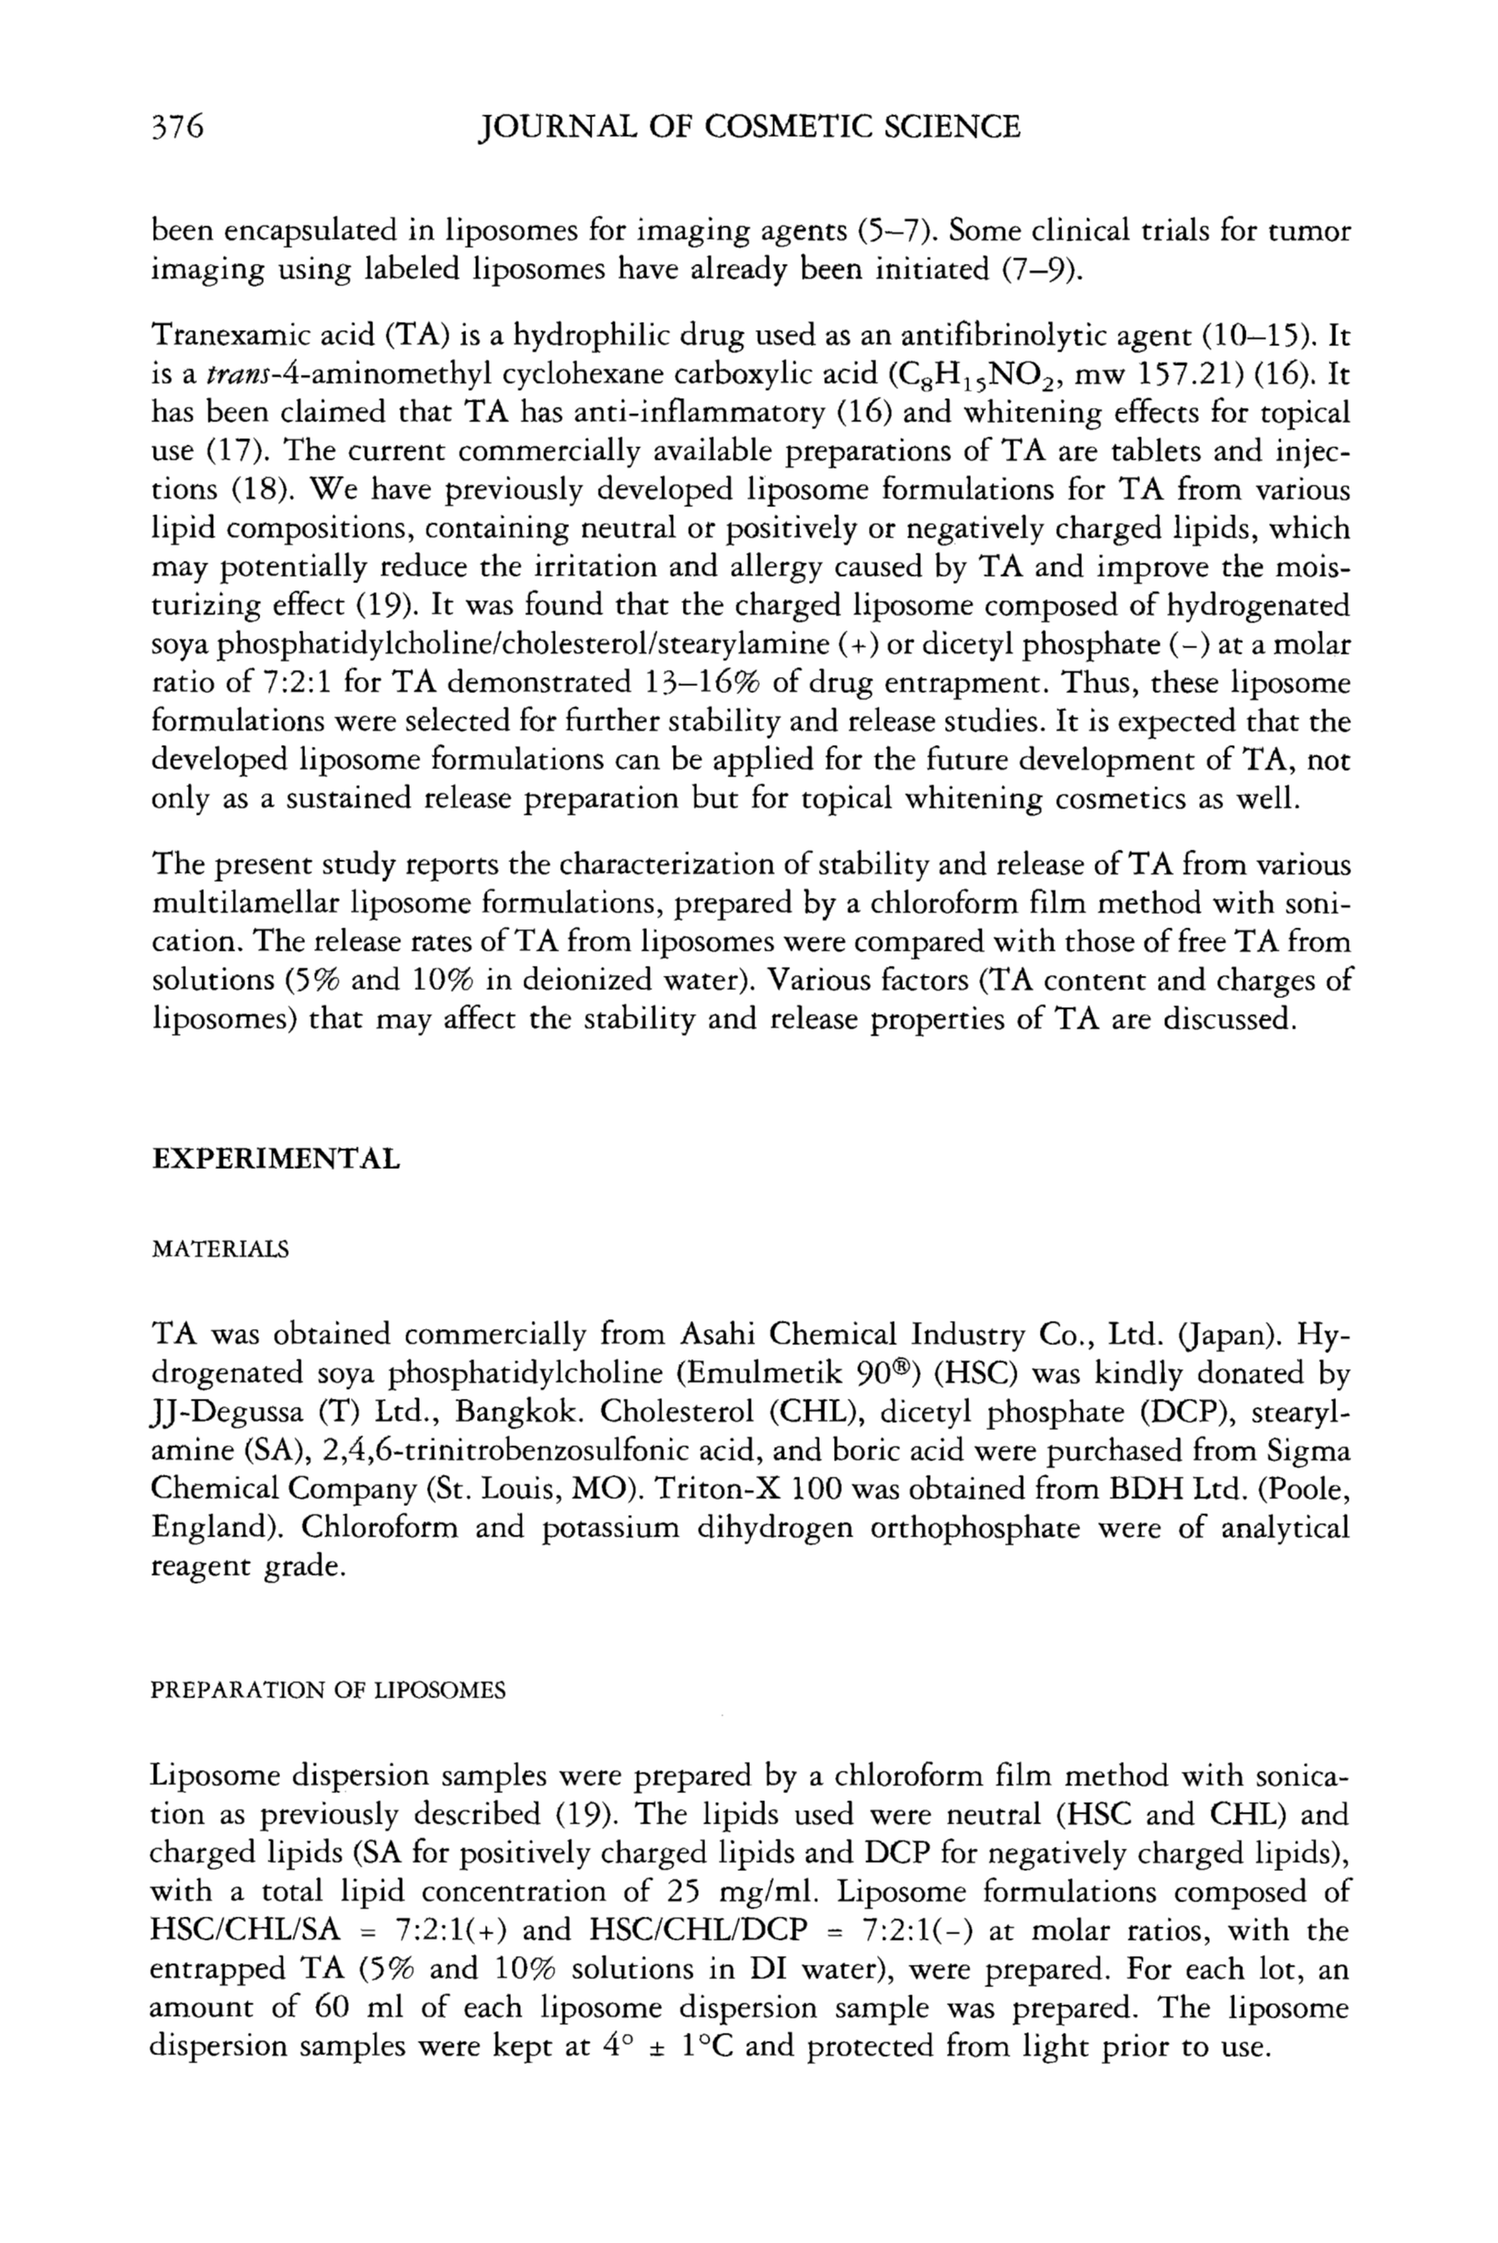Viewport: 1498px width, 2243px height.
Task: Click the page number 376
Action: click(179, 127)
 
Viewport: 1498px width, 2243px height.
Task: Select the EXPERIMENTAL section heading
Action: click(277, 1160)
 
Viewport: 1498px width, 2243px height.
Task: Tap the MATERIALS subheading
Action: click(220, 1250)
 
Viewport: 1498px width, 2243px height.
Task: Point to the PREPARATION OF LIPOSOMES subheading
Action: click(328, 1691)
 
